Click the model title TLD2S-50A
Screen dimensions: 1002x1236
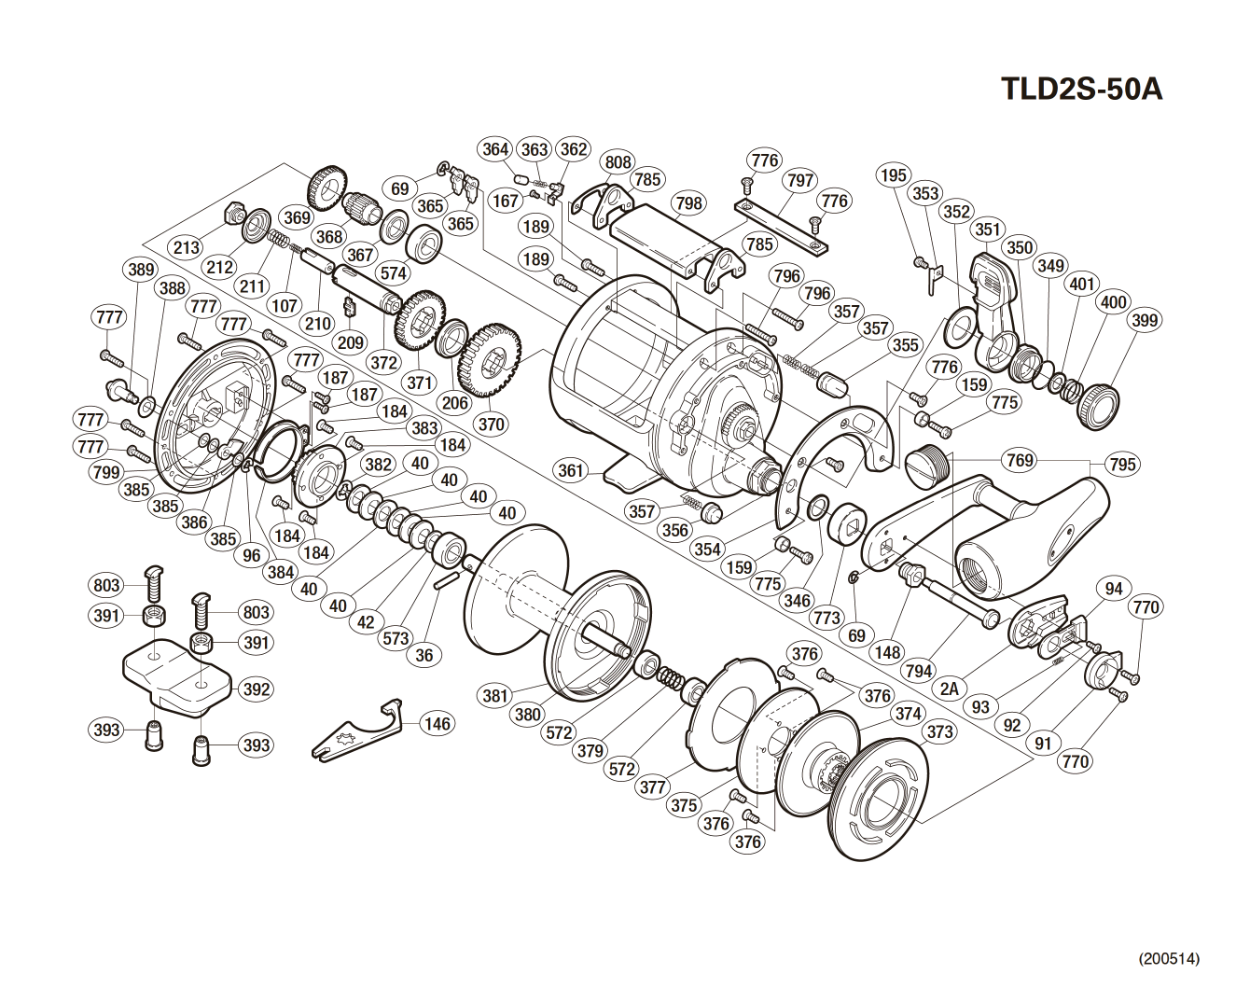(x=1081, y=89)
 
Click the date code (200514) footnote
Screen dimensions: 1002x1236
(x=1168, y=958)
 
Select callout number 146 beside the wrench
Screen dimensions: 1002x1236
(x=437, y=723)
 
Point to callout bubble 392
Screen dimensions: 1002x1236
(x=255, y=689)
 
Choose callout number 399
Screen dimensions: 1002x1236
(x=1144, y=320)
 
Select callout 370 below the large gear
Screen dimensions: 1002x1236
(x=491, y=424)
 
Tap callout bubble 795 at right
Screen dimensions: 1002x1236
(x=1123, y=464)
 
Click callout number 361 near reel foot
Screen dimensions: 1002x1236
(x=571, y=469)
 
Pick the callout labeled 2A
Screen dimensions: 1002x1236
(x=950, y=689)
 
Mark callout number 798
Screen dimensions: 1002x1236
(x=688, y=202)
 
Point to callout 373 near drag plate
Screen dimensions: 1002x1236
(x=939, y=731)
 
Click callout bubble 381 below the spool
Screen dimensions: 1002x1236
(x=495, y=695)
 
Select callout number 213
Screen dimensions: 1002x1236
(x=187, y=247)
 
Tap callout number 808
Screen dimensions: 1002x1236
(x=618, y=161)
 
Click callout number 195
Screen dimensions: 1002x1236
(x=893, y=175)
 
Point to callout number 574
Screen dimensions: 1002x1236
(x=394, y=273)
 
